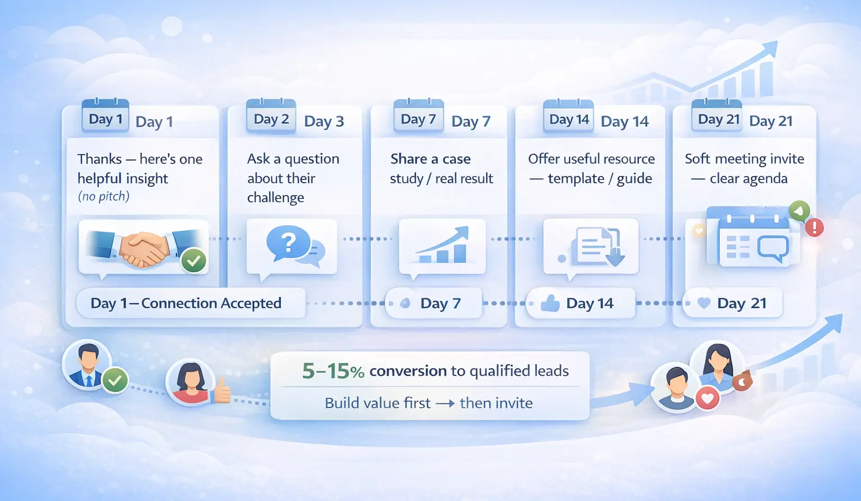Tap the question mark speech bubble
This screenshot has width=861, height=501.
click(288, 243)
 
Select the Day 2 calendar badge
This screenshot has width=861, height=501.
click(271, 115)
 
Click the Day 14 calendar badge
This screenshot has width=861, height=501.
click(568, 115)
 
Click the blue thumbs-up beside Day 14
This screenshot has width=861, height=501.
click(550, 303)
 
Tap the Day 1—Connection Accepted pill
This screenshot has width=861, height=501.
click(191, 303)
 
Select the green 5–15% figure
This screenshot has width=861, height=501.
click(333, 371)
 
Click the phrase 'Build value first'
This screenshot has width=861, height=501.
click(377, 403)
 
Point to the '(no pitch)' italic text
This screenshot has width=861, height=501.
click(104, 196)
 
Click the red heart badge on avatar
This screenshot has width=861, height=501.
click(707, 398)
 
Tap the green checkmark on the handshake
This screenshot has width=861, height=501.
click(193, 261)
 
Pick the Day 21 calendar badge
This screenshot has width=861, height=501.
click(717, 115)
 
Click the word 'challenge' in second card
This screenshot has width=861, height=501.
click(276, 197)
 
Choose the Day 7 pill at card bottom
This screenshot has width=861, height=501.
click(433, 303)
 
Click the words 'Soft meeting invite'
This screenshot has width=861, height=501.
click(744, 159)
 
